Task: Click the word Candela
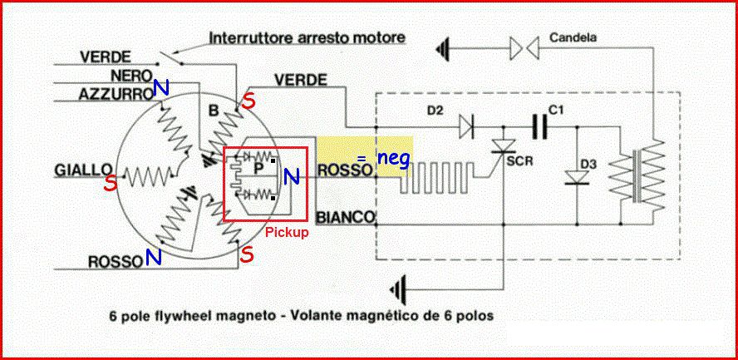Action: point(573,37)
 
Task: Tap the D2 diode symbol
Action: point(467,126)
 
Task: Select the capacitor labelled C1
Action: point(538,126)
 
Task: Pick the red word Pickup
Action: point(287,233)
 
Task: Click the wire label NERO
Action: point(130,76)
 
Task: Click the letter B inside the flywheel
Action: point(214,111)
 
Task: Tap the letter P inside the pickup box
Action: point(258,168)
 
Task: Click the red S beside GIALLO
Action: point(109,184)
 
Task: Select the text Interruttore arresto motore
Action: point(307,38)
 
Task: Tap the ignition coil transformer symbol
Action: point(637,175)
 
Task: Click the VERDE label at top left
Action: point(106,57)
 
